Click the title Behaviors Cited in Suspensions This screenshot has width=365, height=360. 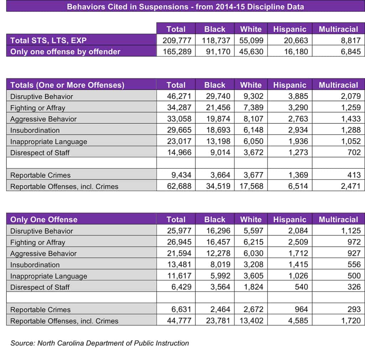point(185,6)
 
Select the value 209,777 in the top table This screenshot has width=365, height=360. point(177,40)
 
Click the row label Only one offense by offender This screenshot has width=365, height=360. point(65,51)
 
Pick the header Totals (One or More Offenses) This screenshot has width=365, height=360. point(67,85)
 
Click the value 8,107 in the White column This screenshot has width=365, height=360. point(252,119)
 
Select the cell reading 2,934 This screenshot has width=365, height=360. point(298,130)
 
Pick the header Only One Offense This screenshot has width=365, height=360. point(44,219)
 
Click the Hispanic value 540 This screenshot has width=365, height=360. point(301,287)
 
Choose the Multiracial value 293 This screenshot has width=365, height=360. point(354,310)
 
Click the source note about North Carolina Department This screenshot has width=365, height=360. point(99,343)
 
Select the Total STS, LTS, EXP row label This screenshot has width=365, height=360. point(48,40)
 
